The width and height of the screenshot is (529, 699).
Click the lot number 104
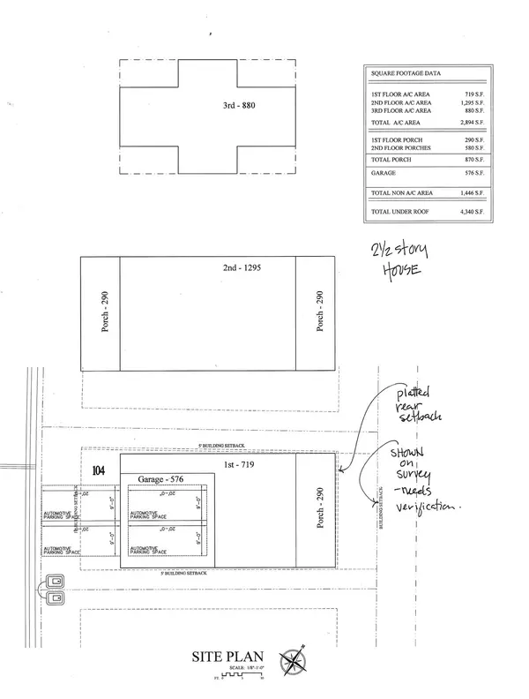99,472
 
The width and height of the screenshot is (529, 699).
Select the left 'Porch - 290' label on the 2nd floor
100,313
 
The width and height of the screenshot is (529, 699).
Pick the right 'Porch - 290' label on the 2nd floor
315,313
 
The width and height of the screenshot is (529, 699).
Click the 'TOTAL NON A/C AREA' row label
401,192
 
